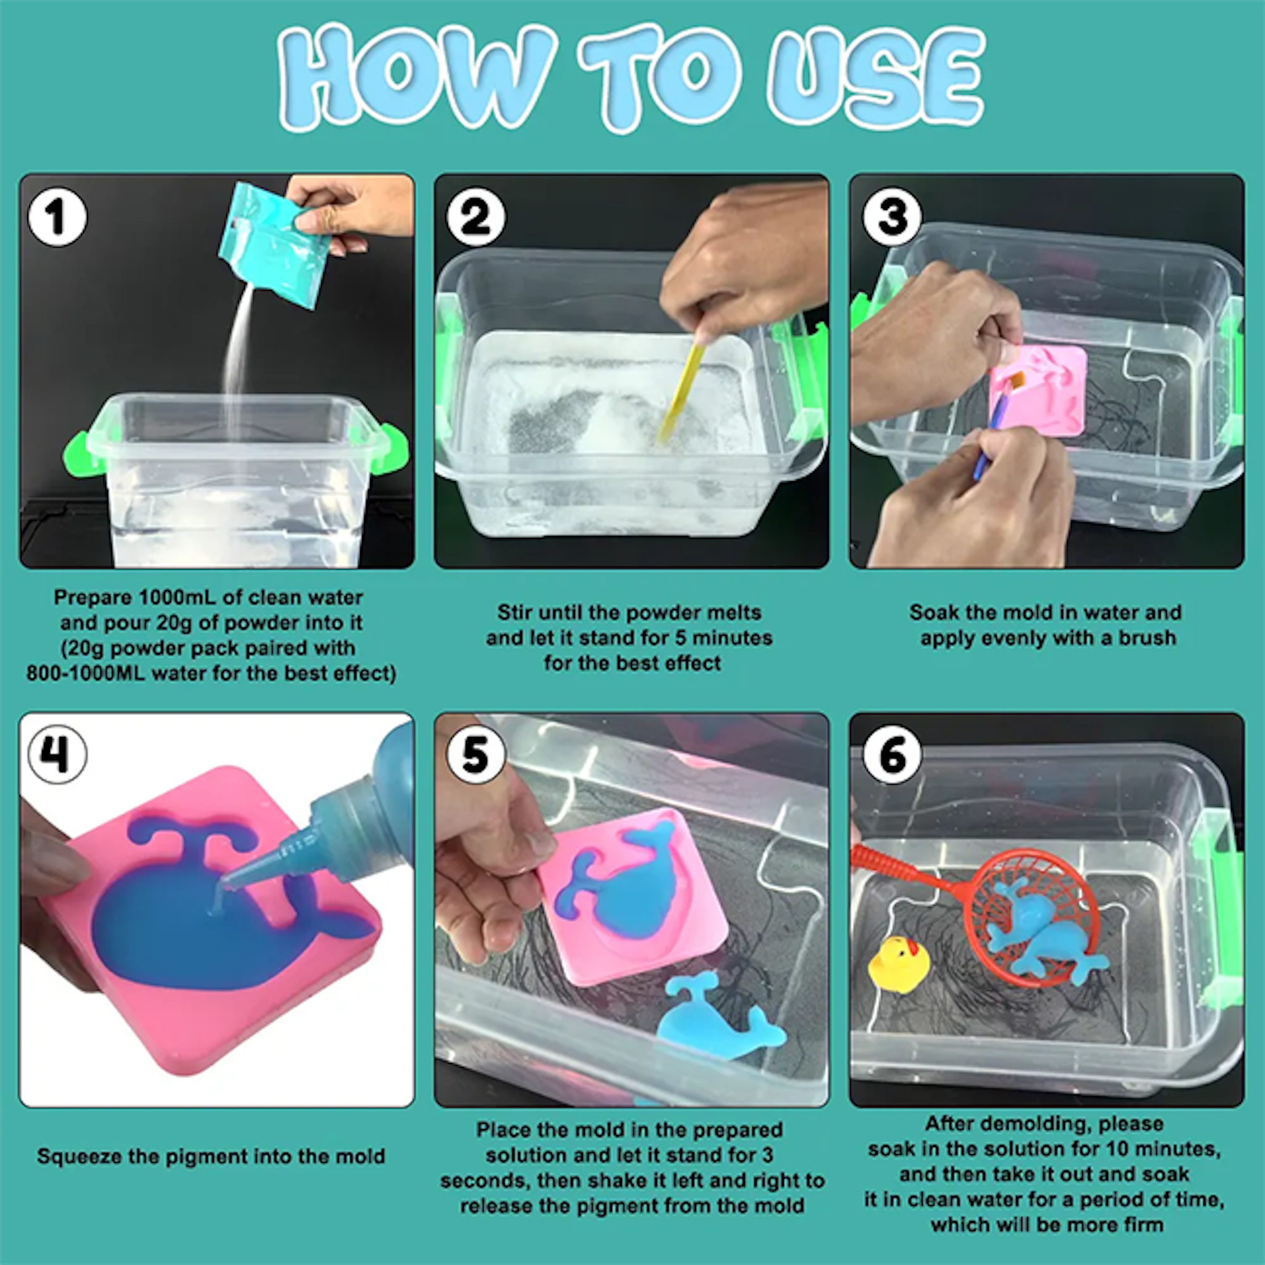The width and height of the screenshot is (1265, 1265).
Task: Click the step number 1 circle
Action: [x=57, y=217]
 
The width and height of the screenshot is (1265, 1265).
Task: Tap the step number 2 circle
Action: [x=476, y=217]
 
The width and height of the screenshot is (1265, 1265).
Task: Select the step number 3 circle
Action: [x=893, y=217]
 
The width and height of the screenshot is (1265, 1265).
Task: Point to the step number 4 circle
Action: [x=57, y=755]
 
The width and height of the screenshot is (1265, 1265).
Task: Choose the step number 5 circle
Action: [x=476, y=755]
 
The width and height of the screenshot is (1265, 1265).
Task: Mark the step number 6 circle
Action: [x=893, y=755]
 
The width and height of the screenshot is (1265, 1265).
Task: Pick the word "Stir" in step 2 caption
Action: [x=513, y=612]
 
